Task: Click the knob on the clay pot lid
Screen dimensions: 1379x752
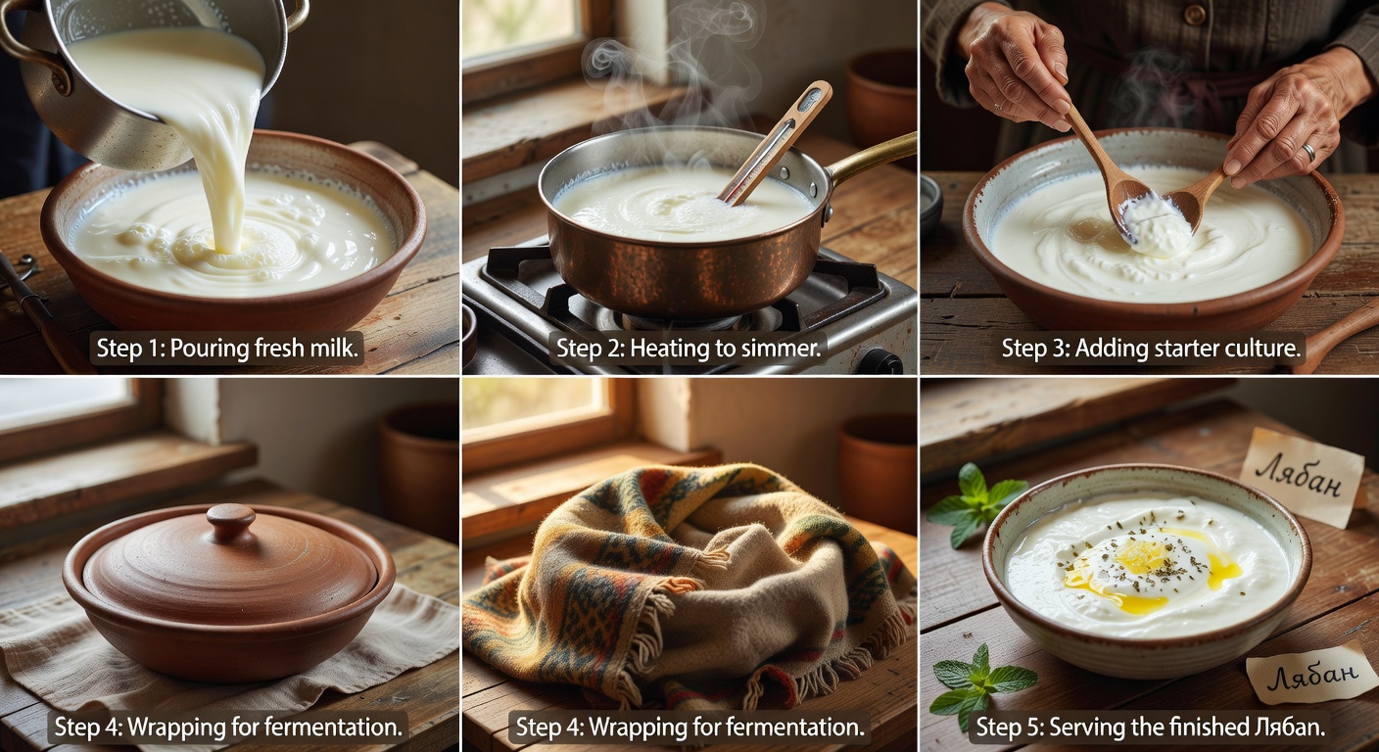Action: (x=231, y=521)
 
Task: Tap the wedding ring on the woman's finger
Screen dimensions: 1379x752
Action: (x=1308, y=153)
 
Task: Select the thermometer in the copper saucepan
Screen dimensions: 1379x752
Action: (x=777, y=143)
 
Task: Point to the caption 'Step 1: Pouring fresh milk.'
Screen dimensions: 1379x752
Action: (x=227, y=349)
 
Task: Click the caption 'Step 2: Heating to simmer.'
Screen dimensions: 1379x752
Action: (x=689, y=349)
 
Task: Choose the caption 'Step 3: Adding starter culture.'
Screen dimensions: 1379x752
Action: (x=1151, y=349)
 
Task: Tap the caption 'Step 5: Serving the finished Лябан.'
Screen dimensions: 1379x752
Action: (x=1151, y=727)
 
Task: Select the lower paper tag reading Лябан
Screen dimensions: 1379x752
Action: (x=1310, y=673)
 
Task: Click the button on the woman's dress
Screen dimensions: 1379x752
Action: (x=1194, y=15)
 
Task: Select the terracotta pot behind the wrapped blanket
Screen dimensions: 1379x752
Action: (x=878, y=471)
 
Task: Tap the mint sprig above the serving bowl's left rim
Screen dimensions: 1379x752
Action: (x=975, y=503)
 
